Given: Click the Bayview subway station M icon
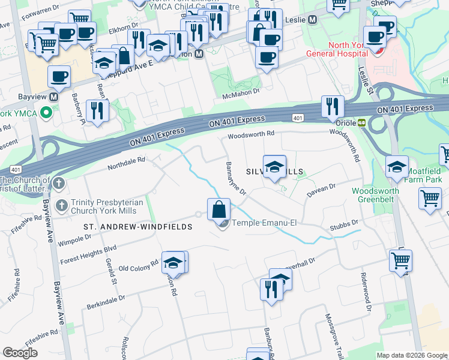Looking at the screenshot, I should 54,97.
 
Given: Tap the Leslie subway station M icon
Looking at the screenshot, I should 312,20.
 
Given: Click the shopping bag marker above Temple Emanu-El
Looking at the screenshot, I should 219,209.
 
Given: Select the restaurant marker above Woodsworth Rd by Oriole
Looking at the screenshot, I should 332,107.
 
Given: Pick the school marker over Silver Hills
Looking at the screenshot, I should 274,166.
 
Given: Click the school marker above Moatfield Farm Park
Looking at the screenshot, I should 397,166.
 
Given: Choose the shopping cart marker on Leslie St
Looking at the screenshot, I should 400,260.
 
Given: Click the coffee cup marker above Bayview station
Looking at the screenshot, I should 59,76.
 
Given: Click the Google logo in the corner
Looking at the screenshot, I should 20,352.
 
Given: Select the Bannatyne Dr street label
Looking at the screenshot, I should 236,178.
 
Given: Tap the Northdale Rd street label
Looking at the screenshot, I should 126,160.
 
